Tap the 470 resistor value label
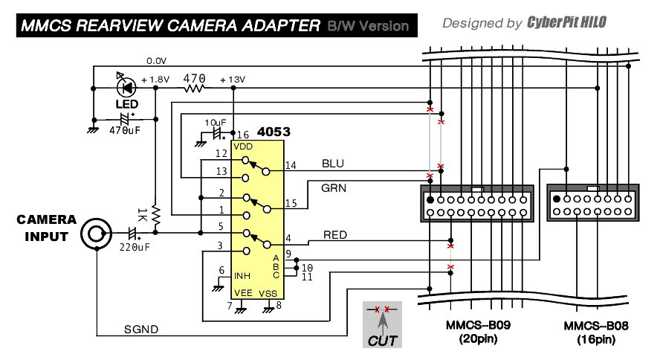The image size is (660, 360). pyautogui.click(x=194, y=77)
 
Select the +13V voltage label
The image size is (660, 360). pyautogui.click(x=233, y=79)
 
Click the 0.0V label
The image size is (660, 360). pyautogui.click(x=157, y=60)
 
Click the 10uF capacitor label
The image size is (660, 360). pyautogui.click(x=215, y=121)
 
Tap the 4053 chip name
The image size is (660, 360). pyautogui.click(x=274, y=132)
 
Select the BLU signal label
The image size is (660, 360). pyautogui.click(x=333, y=163)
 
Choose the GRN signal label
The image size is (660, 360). pyautogui.click(x=334, y=188)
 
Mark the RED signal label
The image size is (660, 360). pyautogui.click(x=335, y=235)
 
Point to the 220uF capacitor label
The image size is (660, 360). pyautogui.click(x=134, y=248)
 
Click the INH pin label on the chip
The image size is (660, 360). pyautogui.click(x=242, y=274)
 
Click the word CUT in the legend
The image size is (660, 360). pyautogui.click(x=383, y=341)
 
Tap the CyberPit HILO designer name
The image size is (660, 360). pyautogui.click(x=567, y=22)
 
